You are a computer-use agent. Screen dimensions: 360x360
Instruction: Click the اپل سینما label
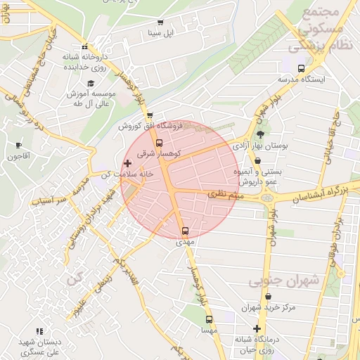coord(159,33)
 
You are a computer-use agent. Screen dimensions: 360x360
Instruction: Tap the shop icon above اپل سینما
coord(160,22)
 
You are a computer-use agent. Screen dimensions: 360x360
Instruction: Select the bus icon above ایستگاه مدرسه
coord(302,68)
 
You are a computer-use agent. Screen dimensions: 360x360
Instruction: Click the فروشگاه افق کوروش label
coord(150,126)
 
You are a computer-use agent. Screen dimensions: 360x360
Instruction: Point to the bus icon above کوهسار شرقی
coord(158,143)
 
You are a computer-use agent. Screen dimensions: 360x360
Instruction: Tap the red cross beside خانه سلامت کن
coord(127,163)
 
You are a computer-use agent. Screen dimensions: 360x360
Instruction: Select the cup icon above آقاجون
coord(18,146)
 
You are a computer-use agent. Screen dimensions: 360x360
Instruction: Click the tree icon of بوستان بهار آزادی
coord(262,134)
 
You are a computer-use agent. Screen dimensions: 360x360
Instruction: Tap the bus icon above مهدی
coord(185,231)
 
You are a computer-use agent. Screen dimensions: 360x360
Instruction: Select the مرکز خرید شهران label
coord(267,307)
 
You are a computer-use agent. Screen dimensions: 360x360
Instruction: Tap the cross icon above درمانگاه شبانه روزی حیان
coord(258,328)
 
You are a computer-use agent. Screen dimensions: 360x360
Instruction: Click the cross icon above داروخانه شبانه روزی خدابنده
coord(84,46)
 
